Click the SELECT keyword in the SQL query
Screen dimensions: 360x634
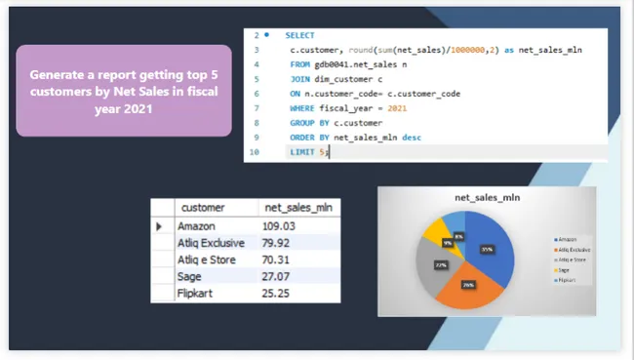pos(299,35)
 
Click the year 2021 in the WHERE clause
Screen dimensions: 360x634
pos(397,108)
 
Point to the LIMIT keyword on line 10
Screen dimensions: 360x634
pos(302,153)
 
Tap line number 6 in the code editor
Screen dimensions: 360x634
pos(257,94)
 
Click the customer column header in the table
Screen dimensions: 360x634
pos(203,208)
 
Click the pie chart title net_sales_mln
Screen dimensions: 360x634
pos(487,199)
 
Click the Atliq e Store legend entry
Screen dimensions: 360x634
pos(571,260)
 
